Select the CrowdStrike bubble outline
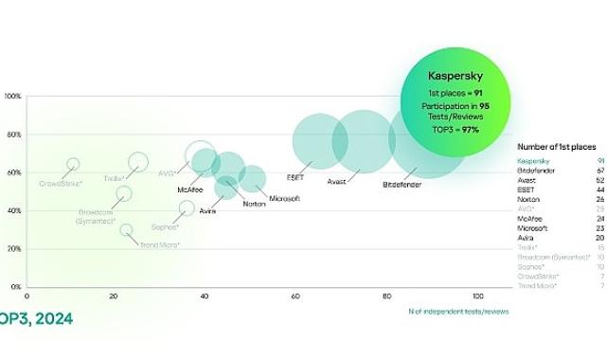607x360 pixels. pyautogui.click(x=74, y=165)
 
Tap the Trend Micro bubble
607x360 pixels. pyautogui.click(x=126, y=230)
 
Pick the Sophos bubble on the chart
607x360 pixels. pyautogui.click(x=187, y=207)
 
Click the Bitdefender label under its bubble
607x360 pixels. pyautogui.click(x=402, y=182)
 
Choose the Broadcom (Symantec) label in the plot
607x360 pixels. pyautogui.click(x=97, y=215)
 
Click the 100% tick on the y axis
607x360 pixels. pyautogui.click(x=13, y=97)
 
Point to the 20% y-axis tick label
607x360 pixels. pyautogui.click(x=15, y=248)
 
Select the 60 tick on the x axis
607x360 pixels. pyautogui.click(x=296, y=297)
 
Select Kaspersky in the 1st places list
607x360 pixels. pyautogui.click(x=533, y=161)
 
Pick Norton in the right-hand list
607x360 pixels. pyautogui.click(x=528, y=199)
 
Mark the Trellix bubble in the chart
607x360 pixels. pyautogui.click(x=138, y=162)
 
